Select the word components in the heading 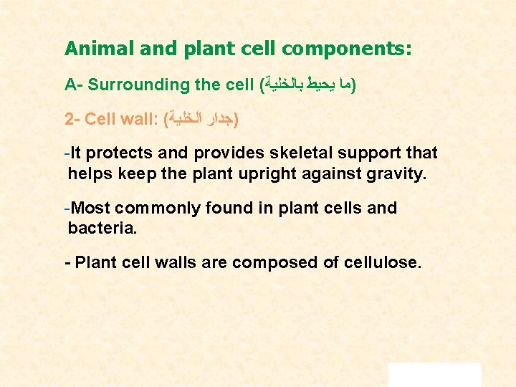347,49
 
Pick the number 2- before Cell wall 72,118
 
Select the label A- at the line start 72,85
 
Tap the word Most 92,209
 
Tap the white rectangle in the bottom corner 434,374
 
